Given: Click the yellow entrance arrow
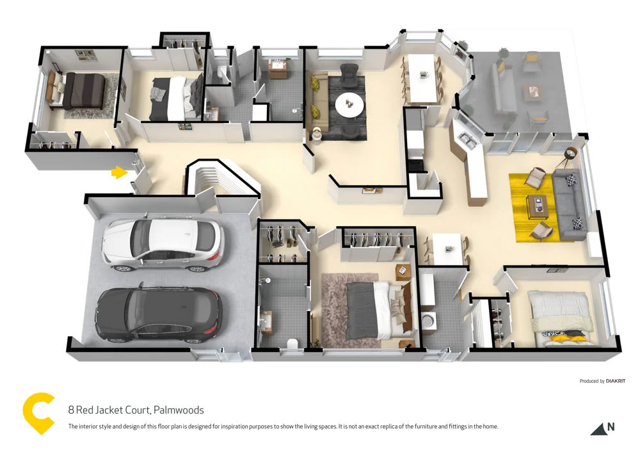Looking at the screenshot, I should click(118, 172).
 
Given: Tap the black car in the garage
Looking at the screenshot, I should click(158, 314).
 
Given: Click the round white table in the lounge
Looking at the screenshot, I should click(349, 105).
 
